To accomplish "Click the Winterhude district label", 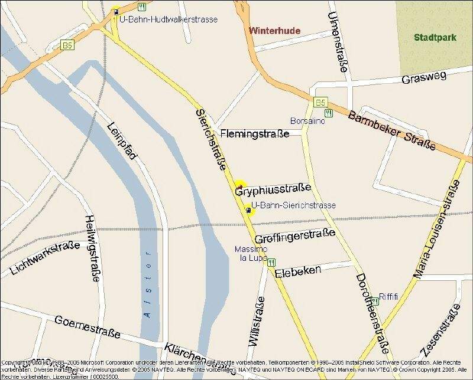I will [275, 31].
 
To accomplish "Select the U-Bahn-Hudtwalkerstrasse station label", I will [169, 19].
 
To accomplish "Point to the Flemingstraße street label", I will [255, 133].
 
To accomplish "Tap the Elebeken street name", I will [297, 271].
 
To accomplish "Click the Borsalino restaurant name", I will [307, 120].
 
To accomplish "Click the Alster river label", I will [148, 284].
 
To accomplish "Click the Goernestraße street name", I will [87, 327].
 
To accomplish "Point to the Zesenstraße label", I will [438, 333].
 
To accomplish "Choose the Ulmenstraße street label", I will [336, 41].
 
